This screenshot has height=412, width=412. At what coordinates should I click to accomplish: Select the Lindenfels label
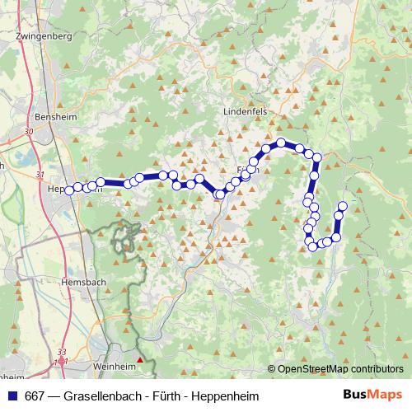246,110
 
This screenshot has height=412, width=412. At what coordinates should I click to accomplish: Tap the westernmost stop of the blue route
69,190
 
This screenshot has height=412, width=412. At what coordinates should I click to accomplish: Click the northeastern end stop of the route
343,205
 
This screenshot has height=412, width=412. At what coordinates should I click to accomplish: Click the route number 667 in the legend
36,396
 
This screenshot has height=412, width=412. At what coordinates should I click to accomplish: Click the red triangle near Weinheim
140,359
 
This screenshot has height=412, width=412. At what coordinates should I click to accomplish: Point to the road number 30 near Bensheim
29,131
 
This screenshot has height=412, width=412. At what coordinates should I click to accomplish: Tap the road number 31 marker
40,174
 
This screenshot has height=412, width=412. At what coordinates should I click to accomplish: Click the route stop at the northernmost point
281,143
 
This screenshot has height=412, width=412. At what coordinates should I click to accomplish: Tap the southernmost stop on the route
313,246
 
